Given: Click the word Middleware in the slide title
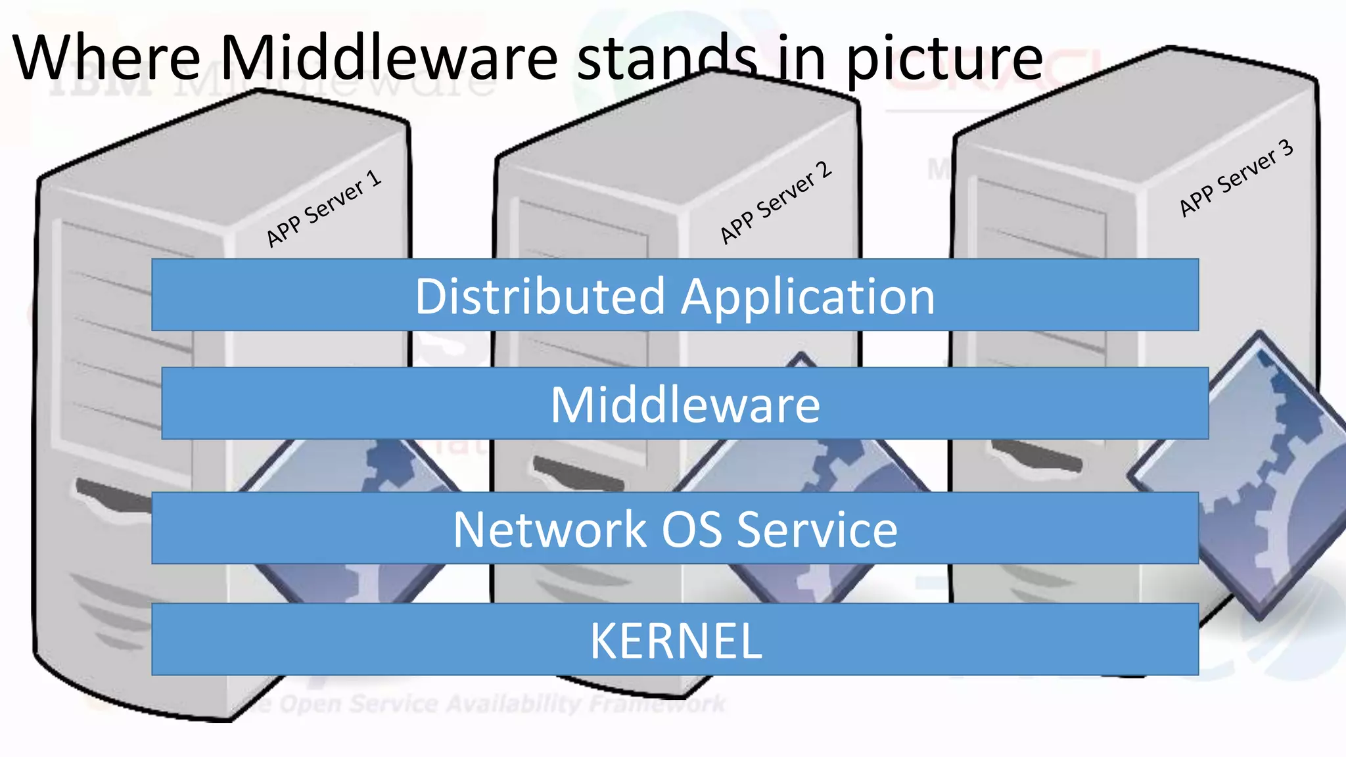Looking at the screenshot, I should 388,58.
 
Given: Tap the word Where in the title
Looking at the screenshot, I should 106,58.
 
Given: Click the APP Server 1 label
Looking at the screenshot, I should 323,209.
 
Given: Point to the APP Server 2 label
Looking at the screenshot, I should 776,202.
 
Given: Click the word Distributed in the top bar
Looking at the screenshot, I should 540,296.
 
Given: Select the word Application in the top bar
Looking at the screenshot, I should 808,298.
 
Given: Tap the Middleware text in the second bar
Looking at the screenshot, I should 685,405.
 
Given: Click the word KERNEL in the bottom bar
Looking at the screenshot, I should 676,641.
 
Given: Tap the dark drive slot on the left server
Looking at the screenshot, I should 112,494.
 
